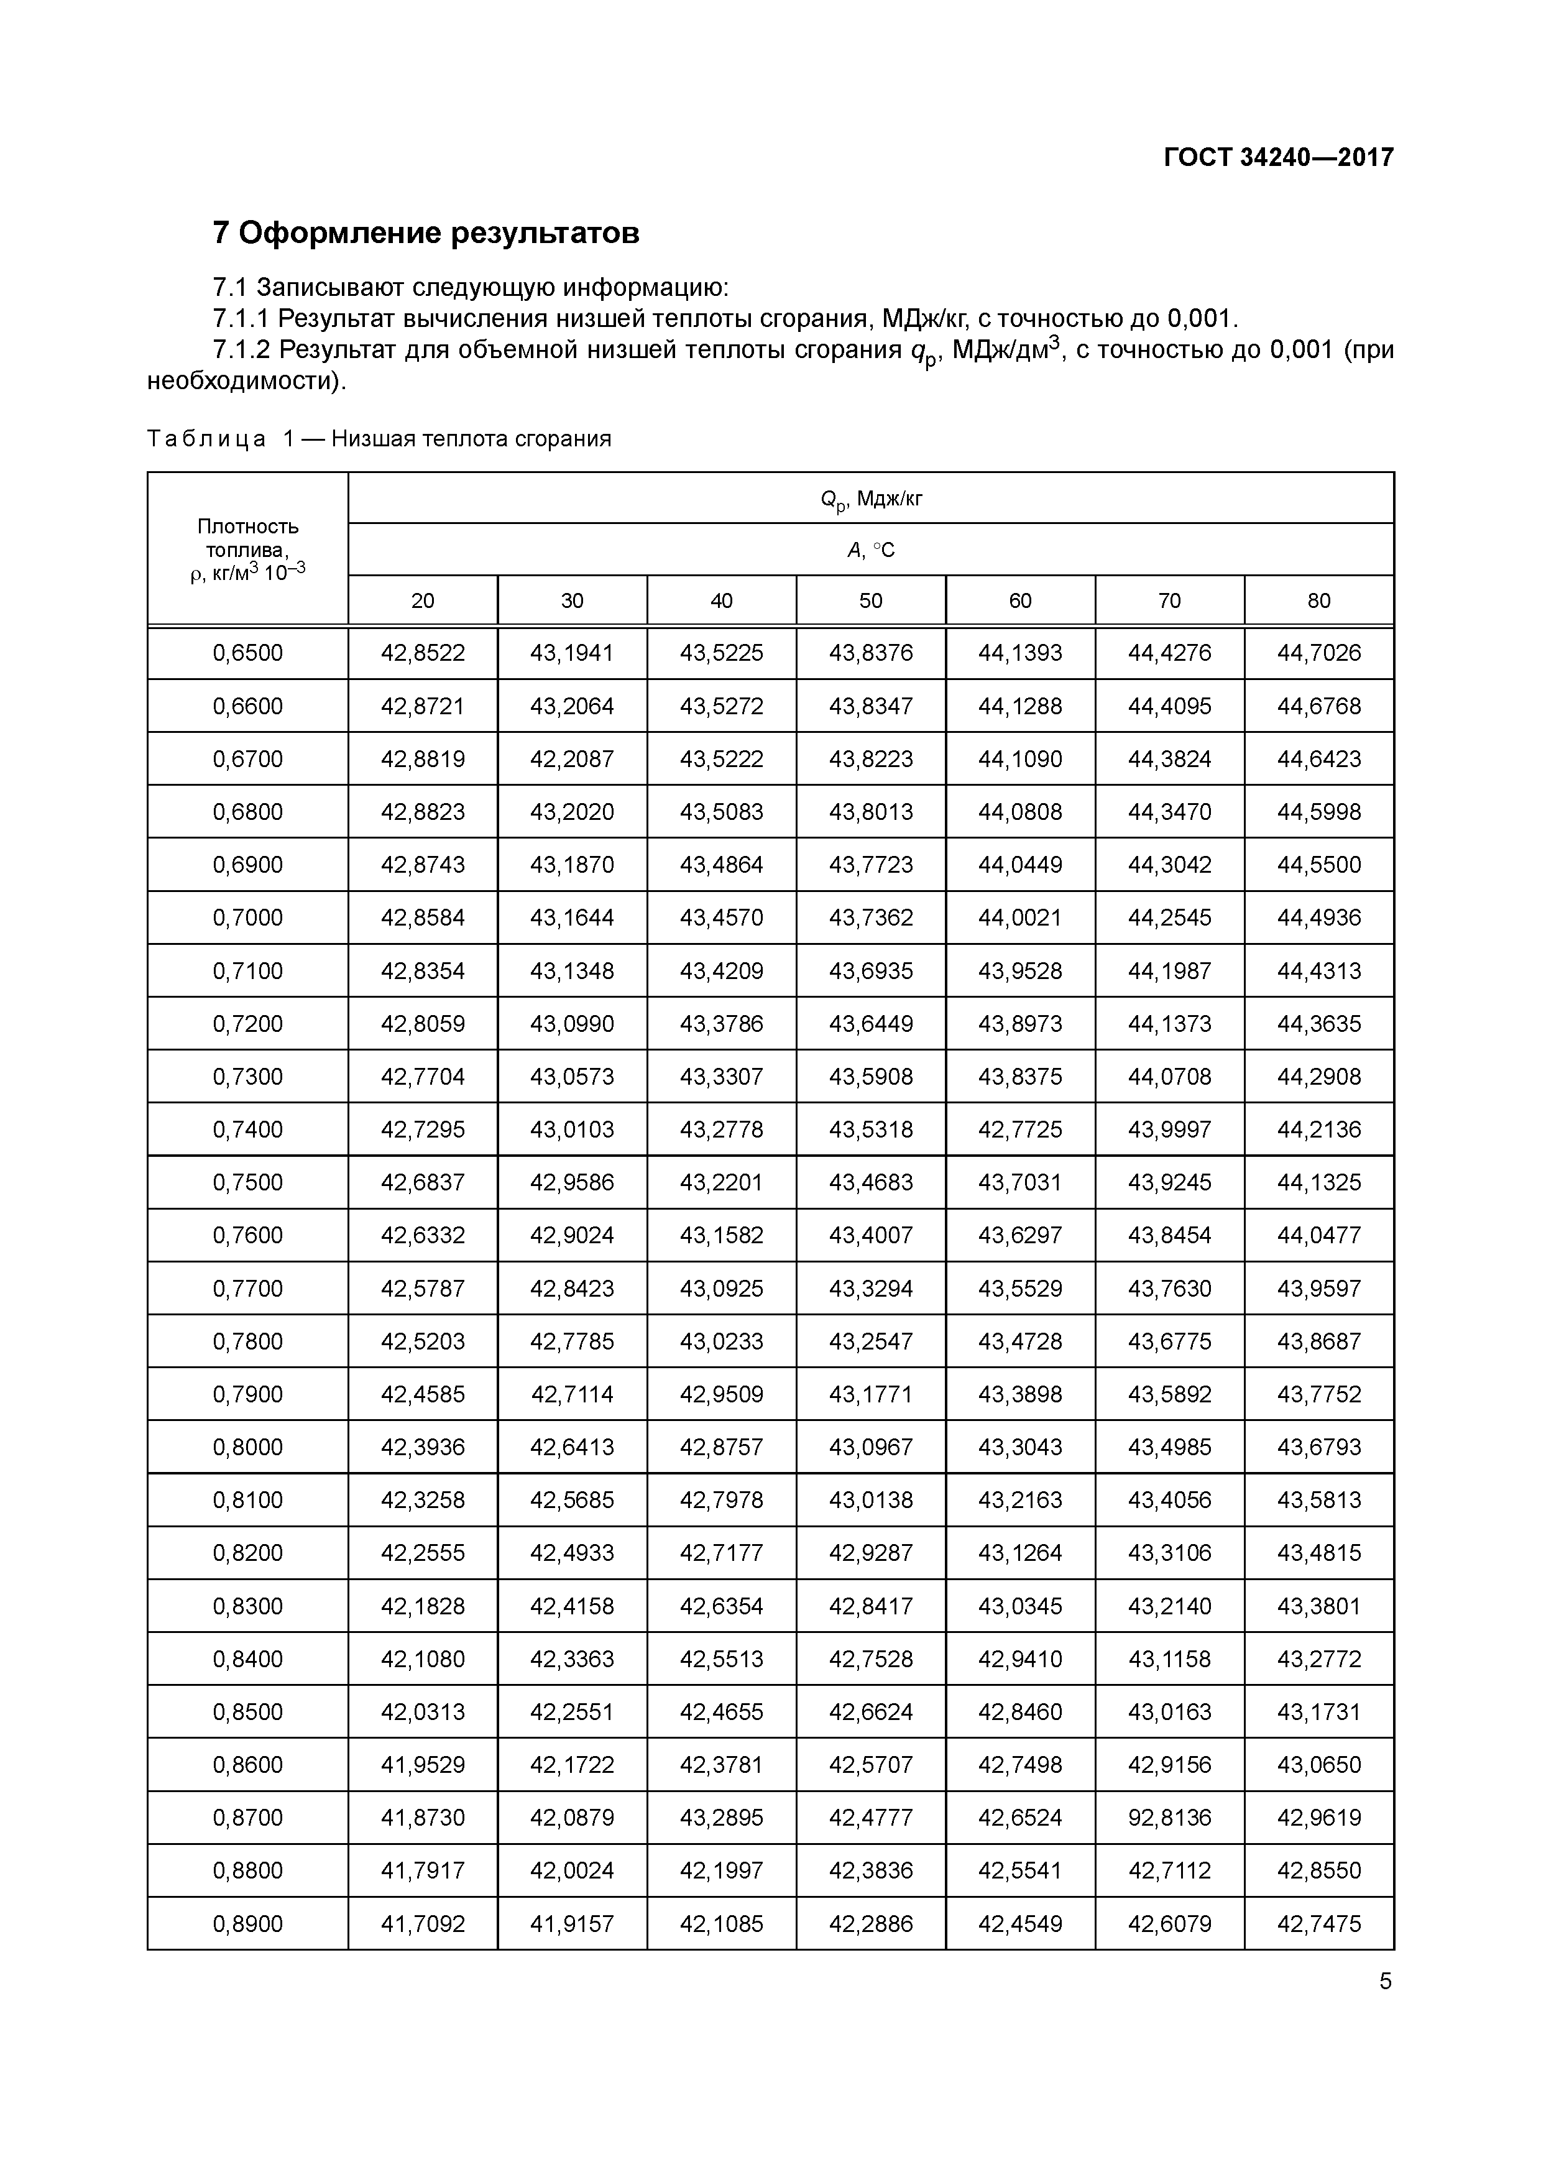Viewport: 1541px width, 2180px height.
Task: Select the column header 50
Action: (871, 600)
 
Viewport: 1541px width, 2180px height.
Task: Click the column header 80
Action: (1319, 600)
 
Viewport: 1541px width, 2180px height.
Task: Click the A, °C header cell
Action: (871, 550)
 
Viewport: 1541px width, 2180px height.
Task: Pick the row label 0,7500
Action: (248, 1182)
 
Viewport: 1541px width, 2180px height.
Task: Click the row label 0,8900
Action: (248, 1924)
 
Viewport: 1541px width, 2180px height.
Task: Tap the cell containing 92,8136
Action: (1170, 1818)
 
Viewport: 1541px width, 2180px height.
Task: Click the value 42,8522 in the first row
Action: (423, 653)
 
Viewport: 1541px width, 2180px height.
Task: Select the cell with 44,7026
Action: (1319, 653)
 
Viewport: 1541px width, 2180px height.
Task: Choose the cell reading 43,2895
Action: (722, 1818)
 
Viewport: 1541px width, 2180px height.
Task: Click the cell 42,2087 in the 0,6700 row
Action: (572, 758)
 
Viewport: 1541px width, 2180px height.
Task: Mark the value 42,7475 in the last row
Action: (1319, 1924)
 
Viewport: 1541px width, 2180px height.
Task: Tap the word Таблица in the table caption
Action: (206, 439)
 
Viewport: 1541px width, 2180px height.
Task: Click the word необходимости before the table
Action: (243, 382)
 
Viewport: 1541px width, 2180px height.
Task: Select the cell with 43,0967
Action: (871, 1447)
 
